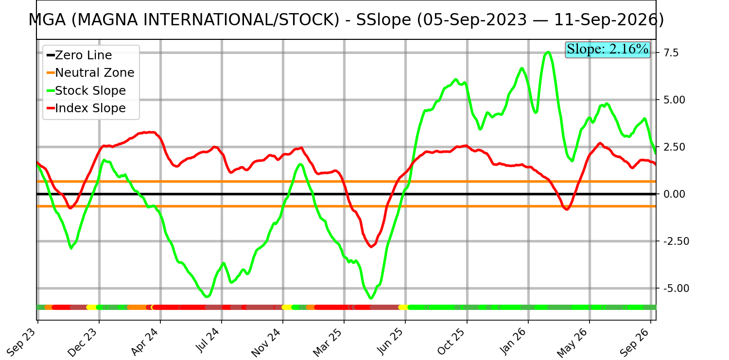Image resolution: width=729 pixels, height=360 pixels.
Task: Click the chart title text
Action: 346,20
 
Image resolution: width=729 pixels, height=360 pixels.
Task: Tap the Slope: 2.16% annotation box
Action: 607,50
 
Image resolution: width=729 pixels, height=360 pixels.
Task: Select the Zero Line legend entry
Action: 79,55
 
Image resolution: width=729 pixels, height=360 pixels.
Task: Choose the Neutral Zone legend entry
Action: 90,73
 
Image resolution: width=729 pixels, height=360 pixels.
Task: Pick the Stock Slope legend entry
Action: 86,90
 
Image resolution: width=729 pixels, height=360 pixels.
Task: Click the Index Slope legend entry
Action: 86,108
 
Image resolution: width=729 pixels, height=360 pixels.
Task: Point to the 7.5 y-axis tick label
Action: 671,52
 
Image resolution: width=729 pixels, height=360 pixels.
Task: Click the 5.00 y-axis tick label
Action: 674,100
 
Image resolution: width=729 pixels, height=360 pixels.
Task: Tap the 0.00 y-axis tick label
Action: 674,194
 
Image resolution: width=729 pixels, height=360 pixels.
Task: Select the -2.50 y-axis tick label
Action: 677,241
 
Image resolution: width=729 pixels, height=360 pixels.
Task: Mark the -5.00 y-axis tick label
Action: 677,289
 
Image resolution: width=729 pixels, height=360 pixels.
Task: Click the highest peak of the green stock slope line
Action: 548,52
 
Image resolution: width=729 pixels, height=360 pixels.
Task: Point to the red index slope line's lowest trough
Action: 371,247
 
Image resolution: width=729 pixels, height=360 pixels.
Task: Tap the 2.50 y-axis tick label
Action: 674,147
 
